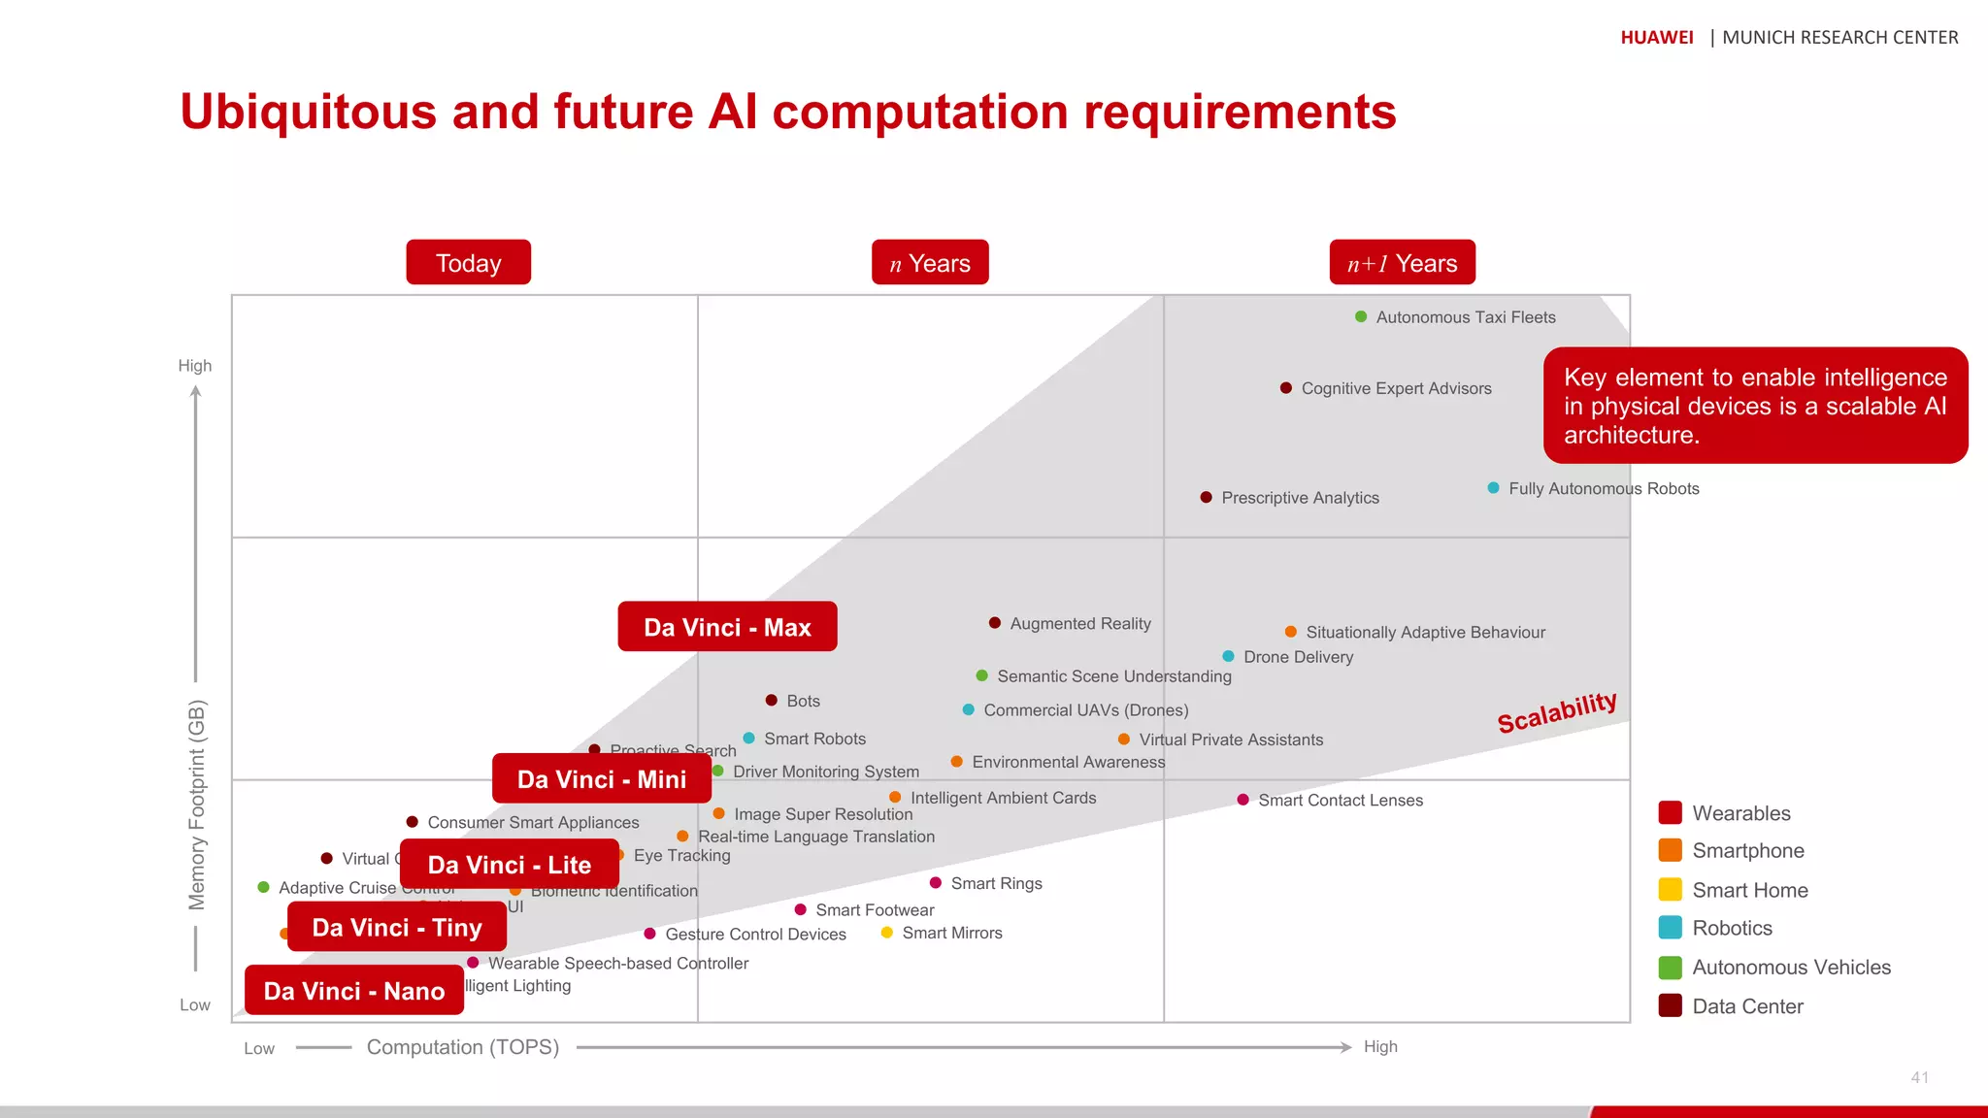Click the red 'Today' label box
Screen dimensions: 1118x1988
coord(468,262)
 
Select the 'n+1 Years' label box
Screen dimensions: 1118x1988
coord(1402,262)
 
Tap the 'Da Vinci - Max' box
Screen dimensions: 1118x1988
coord(727,627)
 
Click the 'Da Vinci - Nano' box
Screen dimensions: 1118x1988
coord(353,990)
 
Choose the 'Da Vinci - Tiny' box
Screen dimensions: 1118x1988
coord(396,927)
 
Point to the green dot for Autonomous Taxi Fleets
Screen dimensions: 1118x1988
coord(1361,316)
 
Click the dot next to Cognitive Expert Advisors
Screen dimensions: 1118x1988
coord(1286,388)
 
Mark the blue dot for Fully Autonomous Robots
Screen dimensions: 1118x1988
coord(1493,487)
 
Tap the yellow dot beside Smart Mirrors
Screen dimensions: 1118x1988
coord(886,933)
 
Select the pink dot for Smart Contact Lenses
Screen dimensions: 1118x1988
coord(1242,800)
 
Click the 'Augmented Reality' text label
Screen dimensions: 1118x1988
coord(1080,623)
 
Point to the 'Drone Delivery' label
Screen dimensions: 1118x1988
coord(1298,657)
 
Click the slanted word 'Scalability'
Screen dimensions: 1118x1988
coord(1556,712)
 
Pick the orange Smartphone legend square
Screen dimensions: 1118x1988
coord(1670,850)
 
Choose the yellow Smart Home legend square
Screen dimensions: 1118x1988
coord(1670,889)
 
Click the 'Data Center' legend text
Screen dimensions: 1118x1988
coord(1747,1006)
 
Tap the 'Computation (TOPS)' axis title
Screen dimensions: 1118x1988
coord(462,1047)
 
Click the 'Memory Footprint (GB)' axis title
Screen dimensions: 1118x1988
coord(197,805)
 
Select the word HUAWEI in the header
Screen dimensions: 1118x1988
coord(1656,37)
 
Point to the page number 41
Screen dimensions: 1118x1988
coord(1919,1077)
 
